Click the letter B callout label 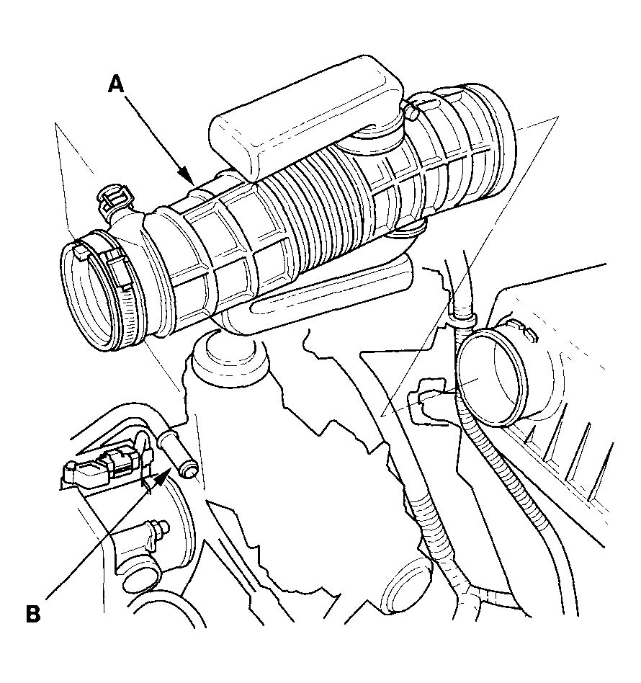(34, 613)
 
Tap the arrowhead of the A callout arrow (188, 176)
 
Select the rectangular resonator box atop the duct (305, 114)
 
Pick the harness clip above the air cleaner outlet (462, 321)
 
